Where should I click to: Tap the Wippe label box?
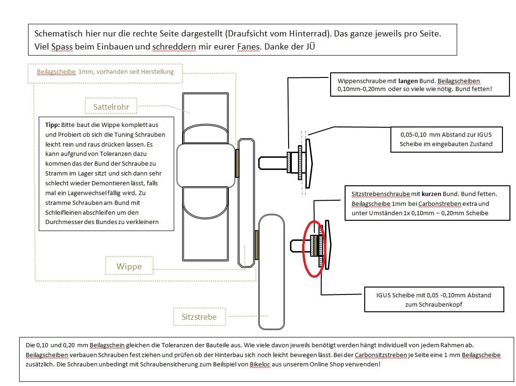(x=129, y=267)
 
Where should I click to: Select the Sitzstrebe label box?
(x=199, y=317)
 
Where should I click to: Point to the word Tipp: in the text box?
(x=52, y=126)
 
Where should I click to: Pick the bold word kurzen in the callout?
(x=431, y=194)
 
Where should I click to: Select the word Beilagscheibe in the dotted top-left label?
(x=56, y=72)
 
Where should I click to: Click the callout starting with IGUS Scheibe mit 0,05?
(x=434, y=300)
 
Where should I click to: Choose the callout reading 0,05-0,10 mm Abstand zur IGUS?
(x=446, y=139)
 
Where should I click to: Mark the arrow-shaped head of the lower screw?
(x=327, y=245)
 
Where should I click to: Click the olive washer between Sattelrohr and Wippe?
(x=237, y=163)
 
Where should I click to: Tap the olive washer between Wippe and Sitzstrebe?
(x=256, y=244)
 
